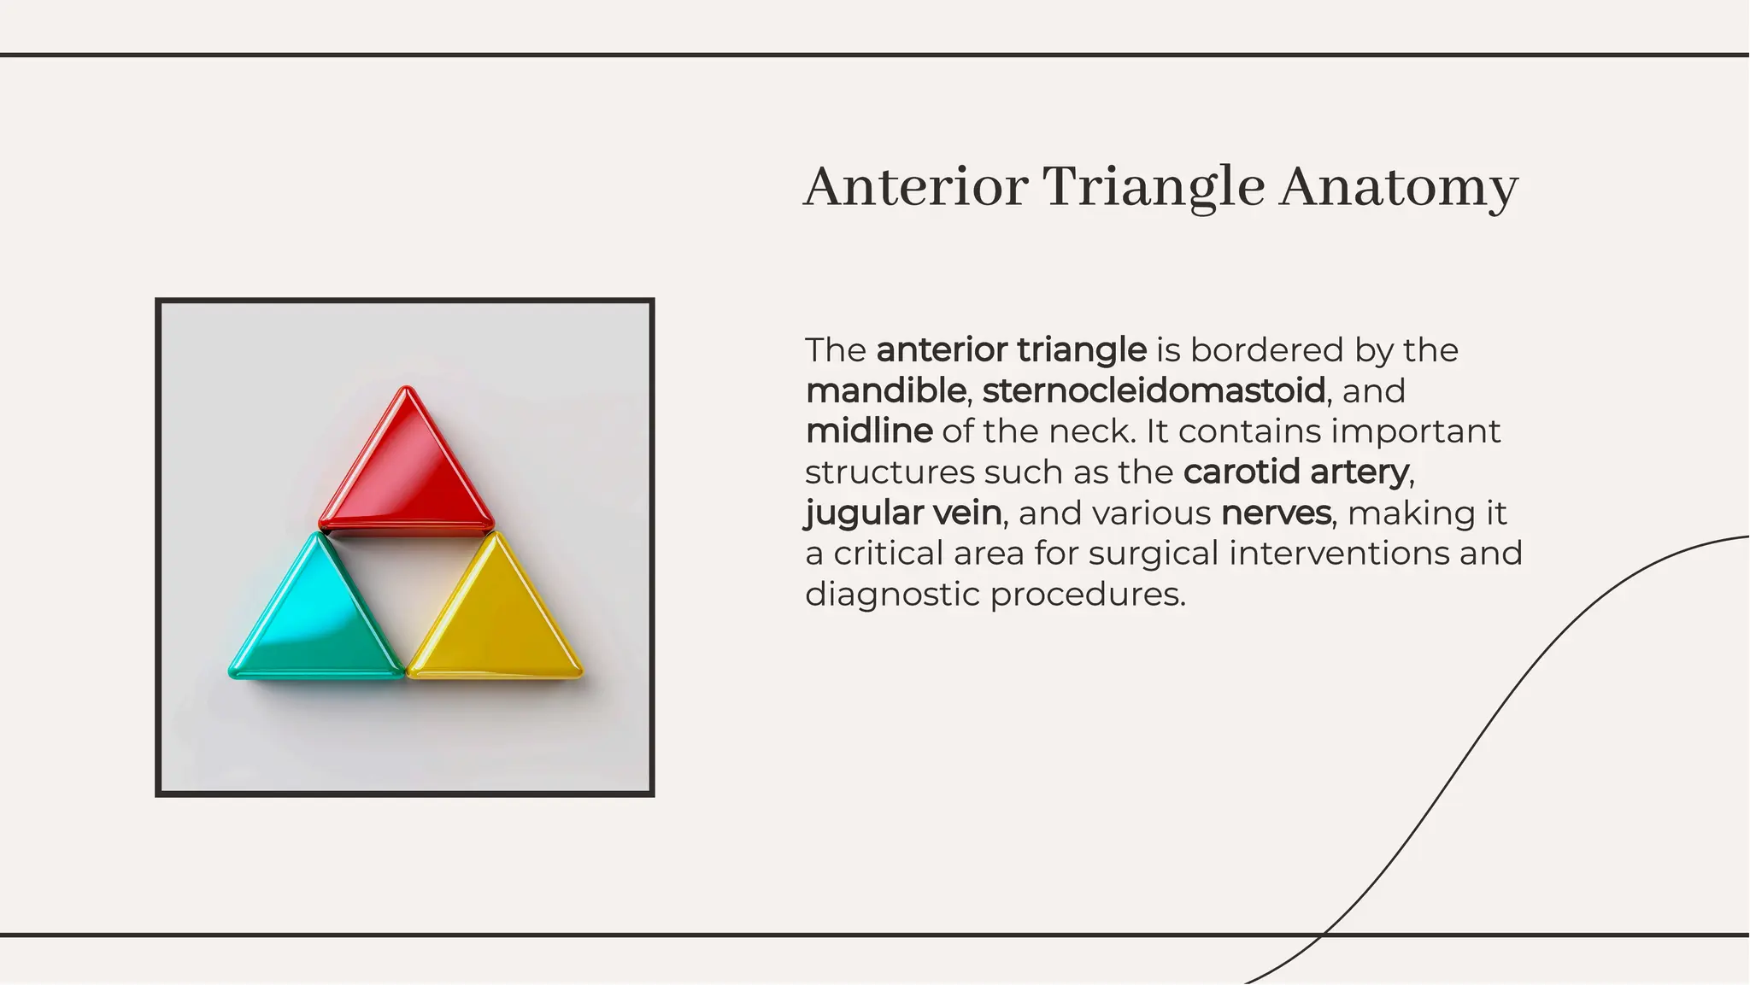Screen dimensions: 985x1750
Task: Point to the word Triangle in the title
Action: [x=1154, y=187]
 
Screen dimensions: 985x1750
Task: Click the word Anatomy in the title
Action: [x=1398, y=187]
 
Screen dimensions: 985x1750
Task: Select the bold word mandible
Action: [x=885, y=391]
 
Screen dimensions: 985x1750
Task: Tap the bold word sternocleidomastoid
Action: [x=1154, y=391]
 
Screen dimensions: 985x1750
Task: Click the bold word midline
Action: [x=869, y=431]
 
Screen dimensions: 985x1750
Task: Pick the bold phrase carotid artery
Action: [x=1295, y=472]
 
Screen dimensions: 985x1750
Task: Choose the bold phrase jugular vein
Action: [x=903, y=513]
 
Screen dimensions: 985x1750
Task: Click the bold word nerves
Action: [x=1276, y=513]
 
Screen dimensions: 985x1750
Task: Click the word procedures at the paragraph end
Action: [x=1088, y=595]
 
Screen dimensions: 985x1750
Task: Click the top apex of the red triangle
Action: [x=407, y=390]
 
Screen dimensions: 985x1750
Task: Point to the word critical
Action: [x=888, y=554]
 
